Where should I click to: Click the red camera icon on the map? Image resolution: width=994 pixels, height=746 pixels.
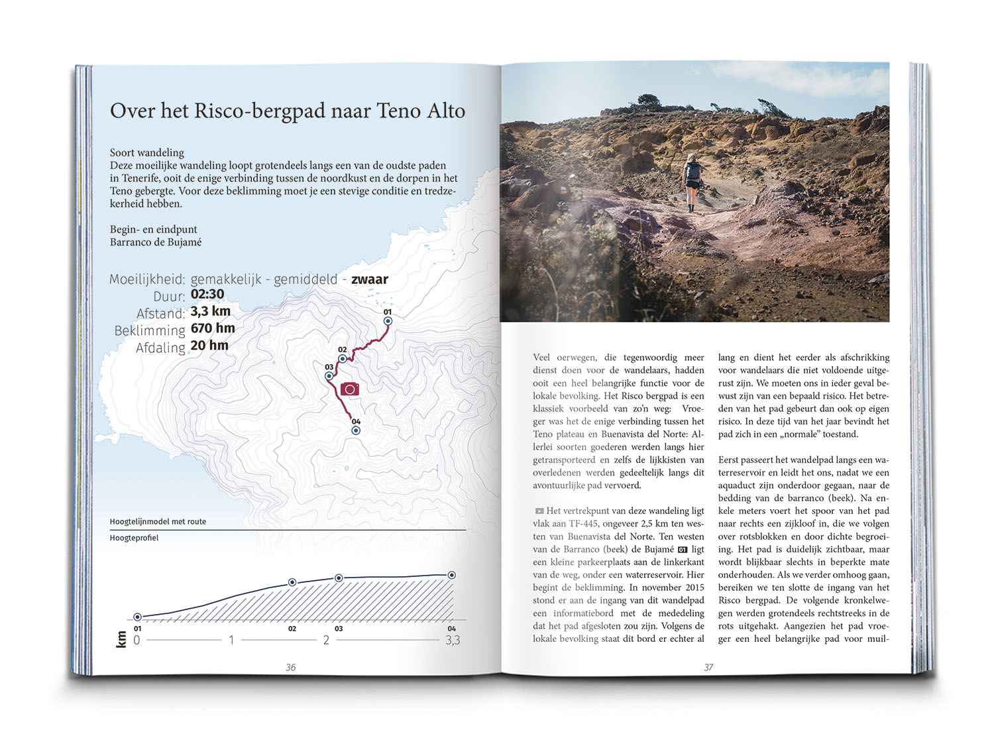tap(350, 389)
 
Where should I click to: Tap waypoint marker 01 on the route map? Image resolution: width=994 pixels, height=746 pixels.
tap(388, 321)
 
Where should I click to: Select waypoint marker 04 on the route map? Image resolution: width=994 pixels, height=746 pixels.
tap(356, 430)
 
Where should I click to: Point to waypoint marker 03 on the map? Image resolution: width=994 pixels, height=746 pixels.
tap(329, 376)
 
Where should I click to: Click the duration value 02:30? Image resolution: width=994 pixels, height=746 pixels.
tap(207, 294)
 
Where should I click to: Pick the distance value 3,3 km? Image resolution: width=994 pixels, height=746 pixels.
tap(211, 312)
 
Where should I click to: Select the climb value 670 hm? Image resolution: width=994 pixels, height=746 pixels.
tap(213, 328)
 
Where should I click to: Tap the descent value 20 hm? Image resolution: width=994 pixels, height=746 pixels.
tap(209, 345)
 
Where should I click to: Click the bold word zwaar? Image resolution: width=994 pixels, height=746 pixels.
tap(370, 279)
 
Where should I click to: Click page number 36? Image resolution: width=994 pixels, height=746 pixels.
tap(290, 668)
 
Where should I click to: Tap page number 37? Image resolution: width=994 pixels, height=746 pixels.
tap(708, 668)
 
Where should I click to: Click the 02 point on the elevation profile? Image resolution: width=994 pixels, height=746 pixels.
tap(292, 582)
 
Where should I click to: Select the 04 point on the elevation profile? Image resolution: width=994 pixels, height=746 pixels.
tap(452, 575)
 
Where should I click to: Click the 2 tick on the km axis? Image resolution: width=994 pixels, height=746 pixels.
tap(326, 641)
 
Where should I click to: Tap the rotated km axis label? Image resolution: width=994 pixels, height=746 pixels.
tap(121, 639)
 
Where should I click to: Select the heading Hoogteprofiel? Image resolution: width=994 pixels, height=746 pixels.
tap(135, 538)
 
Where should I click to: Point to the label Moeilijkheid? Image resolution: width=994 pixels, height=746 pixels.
tap(147, 279)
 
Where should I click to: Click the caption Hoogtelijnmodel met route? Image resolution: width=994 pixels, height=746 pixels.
tap(158, 521)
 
